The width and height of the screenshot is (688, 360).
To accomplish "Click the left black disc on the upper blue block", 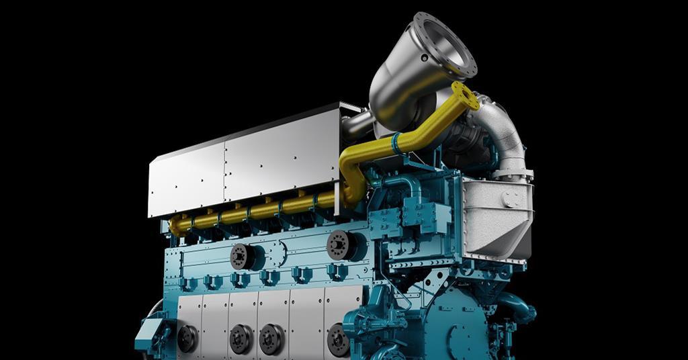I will [x=242, y=256].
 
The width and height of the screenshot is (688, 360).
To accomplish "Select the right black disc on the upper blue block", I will [x=340, y=244].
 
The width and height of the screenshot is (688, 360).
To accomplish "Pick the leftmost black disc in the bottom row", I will [x=187, y=338].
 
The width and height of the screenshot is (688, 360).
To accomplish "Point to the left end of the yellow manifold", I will [x=176, y=224].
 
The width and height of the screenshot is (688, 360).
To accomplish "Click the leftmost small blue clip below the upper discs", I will [x=189, y=283].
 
